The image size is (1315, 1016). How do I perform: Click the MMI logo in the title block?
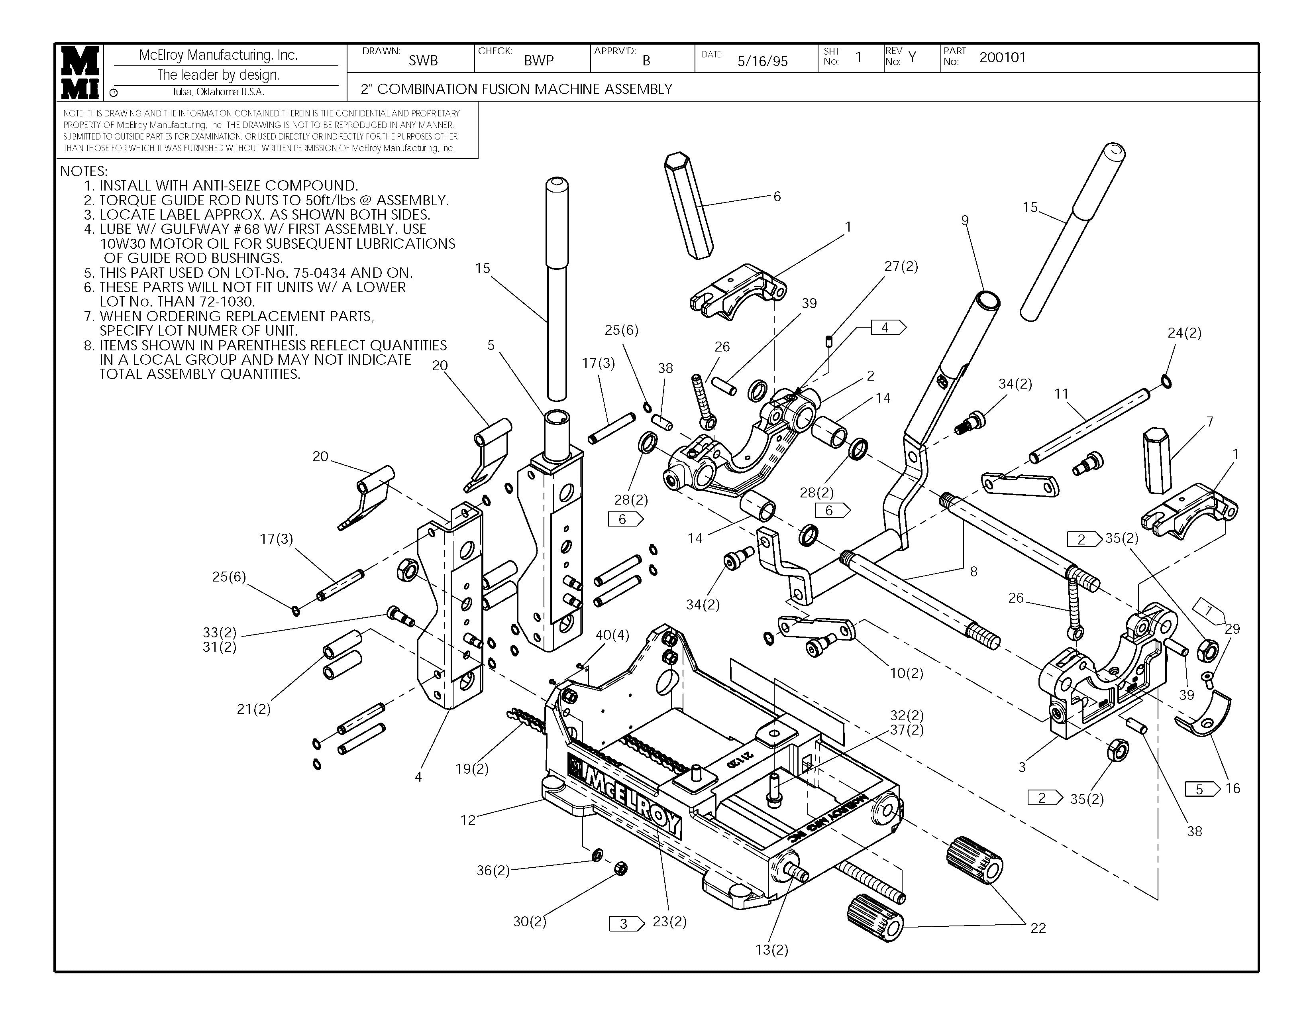coord(79,72)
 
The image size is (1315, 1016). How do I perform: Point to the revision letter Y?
coord(912,57)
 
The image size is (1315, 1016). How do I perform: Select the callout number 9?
coord(965,220)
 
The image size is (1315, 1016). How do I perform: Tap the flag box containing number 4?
coord(887,328)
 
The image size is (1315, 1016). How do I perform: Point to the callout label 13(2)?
coord(771,950)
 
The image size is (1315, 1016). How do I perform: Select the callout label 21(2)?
coord(253,709)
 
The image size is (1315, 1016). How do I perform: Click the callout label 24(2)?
coord(1184,333)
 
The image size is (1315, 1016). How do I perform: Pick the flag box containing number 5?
coord(1201,789)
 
